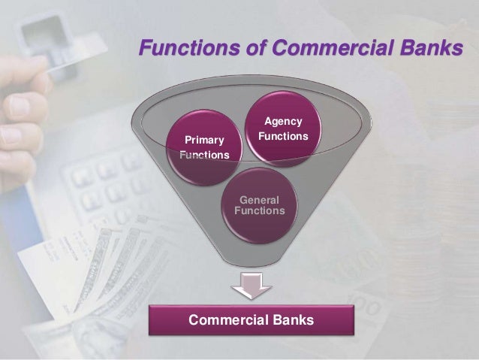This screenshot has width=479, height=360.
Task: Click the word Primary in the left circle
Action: point(199,139)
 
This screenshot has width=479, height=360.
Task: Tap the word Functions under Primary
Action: point(204,155)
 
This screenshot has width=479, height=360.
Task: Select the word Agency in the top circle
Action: point(282,122)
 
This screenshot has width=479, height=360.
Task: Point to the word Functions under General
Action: point(260,212)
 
